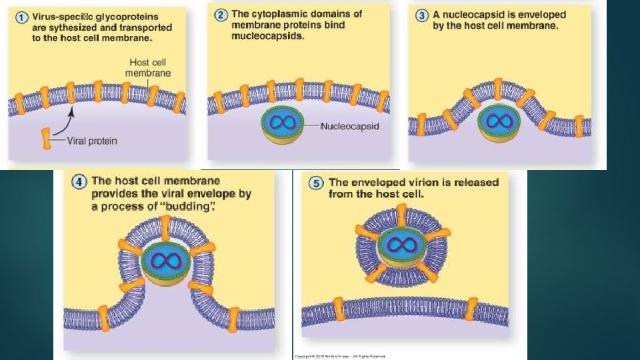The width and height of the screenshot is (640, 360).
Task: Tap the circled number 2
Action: pyautogui.click(x=221, y=14)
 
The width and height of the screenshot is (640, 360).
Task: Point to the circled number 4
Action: pyautogui.click(x=80, y=181)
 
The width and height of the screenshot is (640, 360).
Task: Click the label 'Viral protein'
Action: pyautogui.click(x=91, y=141)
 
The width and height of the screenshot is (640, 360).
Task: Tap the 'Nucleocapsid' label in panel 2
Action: pyautogui.click(x=349, y=125)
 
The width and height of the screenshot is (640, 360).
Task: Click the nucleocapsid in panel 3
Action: pyautogui.click(x=497, y=122)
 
